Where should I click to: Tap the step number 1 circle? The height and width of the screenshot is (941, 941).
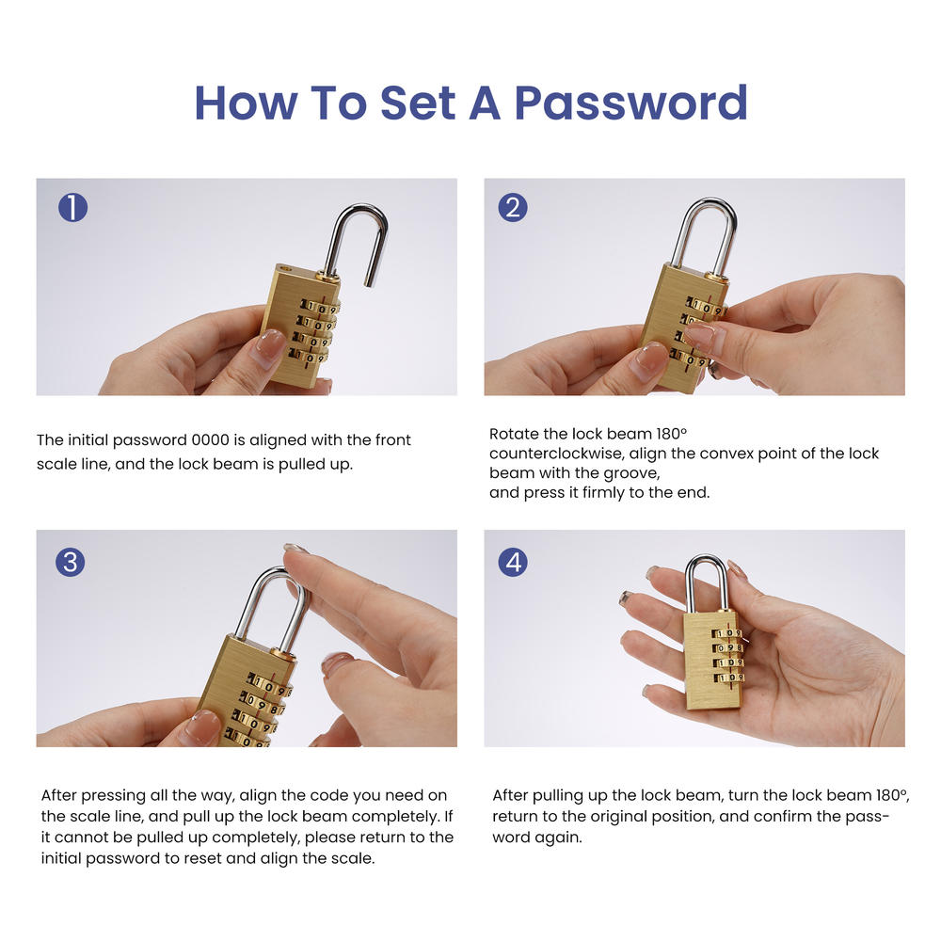(x=72, y=207)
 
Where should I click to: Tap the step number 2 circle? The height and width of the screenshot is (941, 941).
(x=512, y=207)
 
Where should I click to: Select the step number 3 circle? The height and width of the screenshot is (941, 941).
(x=70, y=562)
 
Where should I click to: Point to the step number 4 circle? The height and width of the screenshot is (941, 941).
(x=513, y=562)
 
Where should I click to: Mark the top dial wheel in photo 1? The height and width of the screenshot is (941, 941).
(x=319, y=307)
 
